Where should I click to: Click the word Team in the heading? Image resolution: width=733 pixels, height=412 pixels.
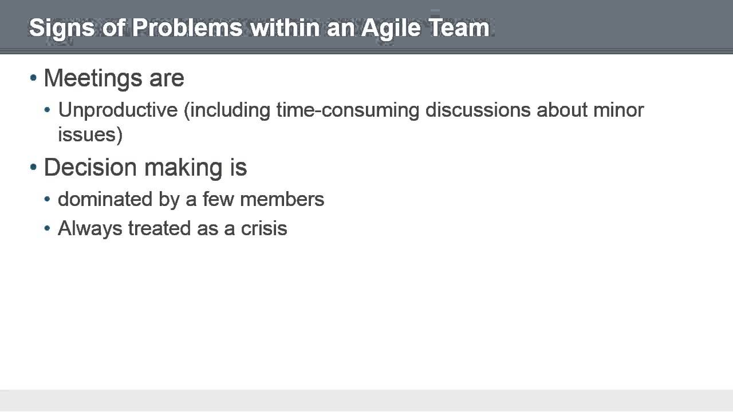click(x=460, y=27)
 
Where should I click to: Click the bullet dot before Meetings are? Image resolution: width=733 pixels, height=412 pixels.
click(x=33, y=78)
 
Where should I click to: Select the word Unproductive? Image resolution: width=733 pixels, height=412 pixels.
click(x=118, y=109)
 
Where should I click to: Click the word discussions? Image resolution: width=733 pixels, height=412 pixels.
click(x=478, y=109)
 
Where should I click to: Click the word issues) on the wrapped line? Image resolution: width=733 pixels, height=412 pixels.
click(x=90, y=134)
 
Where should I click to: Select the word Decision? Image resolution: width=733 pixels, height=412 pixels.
click(x=90, y=167)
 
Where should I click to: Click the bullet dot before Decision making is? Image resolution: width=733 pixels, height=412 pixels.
click(x=33, y=167)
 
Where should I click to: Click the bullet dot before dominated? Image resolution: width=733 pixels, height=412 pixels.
click(x=48, y=200)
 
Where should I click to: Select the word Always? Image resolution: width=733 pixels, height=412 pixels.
click(x=90, y=228)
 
